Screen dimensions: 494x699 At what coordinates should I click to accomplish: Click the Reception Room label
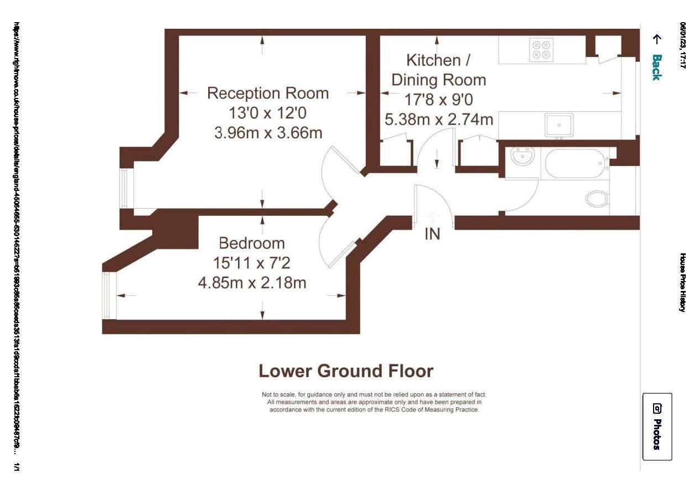click(268, 93)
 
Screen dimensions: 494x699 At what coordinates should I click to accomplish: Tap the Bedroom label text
click(252, 243)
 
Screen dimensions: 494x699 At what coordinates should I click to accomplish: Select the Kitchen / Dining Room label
click(438, 69)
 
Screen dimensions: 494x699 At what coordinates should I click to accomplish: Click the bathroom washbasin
click(522, 157)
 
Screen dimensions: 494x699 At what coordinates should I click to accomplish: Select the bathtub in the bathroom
click(575, 163)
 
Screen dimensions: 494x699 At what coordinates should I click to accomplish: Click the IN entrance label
click(432, 234)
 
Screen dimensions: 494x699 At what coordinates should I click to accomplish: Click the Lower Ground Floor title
click(346, 371)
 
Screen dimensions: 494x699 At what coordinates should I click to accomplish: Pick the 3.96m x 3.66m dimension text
click(268, 133)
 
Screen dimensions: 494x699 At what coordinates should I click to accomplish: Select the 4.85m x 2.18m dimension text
click(252, 283)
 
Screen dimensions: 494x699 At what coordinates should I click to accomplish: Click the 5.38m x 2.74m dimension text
click(438, 119)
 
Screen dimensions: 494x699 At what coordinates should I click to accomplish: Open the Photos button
click(657, 427)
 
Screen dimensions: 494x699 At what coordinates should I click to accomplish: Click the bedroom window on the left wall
click(107, 295)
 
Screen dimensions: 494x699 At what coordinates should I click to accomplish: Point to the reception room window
click(125, 188)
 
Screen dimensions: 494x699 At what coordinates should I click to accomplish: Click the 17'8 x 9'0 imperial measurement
click(438, 100)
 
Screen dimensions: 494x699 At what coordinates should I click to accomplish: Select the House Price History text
click(683, 282)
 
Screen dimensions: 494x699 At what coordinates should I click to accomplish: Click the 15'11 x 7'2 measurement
click(252, 263)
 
